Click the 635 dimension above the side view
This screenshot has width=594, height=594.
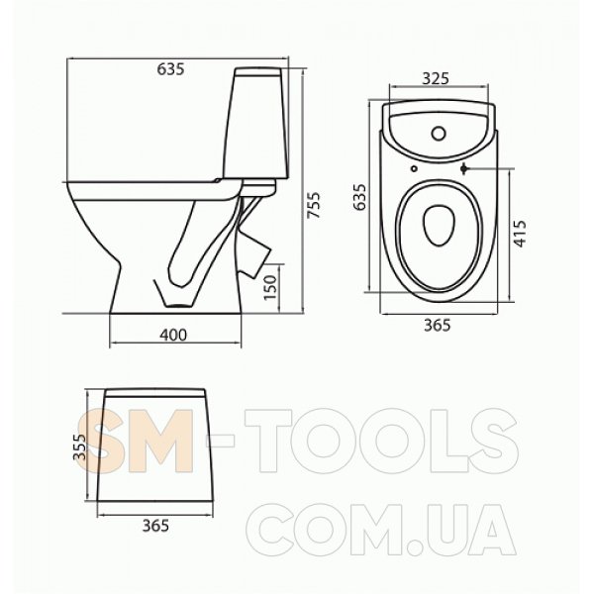click(x=170, y=69)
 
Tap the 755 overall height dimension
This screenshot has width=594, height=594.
click(x=314, y=205)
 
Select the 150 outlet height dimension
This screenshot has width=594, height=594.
click(x=270, y=287)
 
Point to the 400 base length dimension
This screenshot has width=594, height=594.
click(x=173, y=335)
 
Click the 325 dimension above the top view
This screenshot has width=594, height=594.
click(x=436, y=78)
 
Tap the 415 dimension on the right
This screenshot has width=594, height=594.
click(x=520, y=234)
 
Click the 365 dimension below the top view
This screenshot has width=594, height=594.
click(x=438, y=325)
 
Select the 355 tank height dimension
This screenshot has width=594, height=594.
click(x=79, y=446)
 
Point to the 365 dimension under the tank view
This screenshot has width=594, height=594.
click(x=155, y=526)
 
